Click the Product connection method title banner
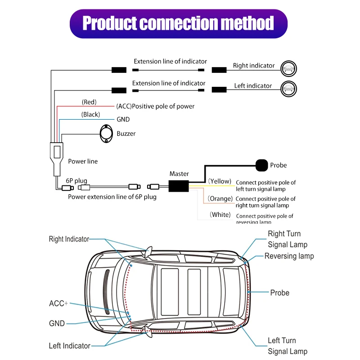click(179, 23)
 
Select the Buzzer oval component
click(107, 133)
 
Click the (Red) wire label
click(89, 102)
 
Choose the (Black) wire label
click(90, 115)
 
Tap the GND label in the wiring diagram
click(123, 120)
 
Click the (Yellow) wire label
click(220, 181)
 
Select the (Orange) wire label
click(220, 198)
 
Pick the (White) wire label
click(220, 215)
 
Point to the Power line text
click(83, 161)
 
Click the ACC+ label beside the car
click(58, 304)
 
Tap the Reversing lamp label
click(289, 256)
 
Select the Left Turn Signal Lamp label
click(288, 346)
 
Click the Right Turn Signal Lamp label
click(288, 239)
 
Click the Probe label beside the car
click(279, 292)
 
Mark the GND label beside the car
click(57, 323)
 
